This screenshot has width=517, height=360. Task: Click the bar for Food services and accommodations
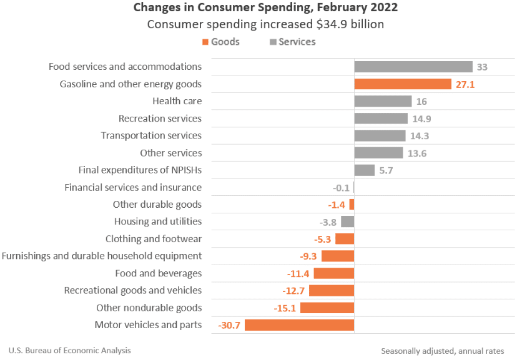[413, 67]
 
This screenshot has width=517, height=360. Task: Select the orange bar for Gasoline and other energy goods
[402, 84]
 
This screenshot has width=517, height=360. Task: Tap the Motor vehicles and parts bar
[299, 325]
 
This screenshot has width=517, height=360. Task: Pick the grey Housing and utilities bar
[348, 221]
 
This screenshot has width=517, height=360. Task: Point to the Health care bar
[383, 101]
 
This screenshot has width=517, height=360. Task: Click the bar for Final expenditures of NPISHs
[364, 170]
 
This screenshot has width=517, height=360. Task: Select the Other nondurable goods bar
[327, 308]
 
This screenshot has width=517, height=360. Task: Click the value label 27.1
[465, 84]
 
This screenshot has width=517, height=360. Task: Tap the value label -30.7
[229, 325]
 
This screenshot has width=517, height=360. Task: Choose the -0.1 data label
[341, 187]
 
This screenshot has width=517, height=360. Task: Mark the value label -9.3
[308, 256]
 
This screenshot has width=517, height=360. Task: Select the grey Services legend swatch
[272, 42]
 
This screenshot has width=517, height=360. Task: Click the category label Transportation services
[151, 135]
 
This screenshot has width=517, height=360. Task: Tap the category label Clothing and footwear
[154, 239]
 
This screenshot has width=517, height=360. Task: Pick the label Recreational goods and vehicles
[133, 290]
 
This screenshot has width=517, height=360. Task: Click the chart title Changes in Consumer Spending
[265, 8]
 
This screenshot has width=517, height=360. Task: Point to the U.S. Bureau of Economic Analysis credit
[70, 351]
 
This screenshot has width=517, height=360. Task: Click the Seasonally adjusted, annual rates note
[442, 351]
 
